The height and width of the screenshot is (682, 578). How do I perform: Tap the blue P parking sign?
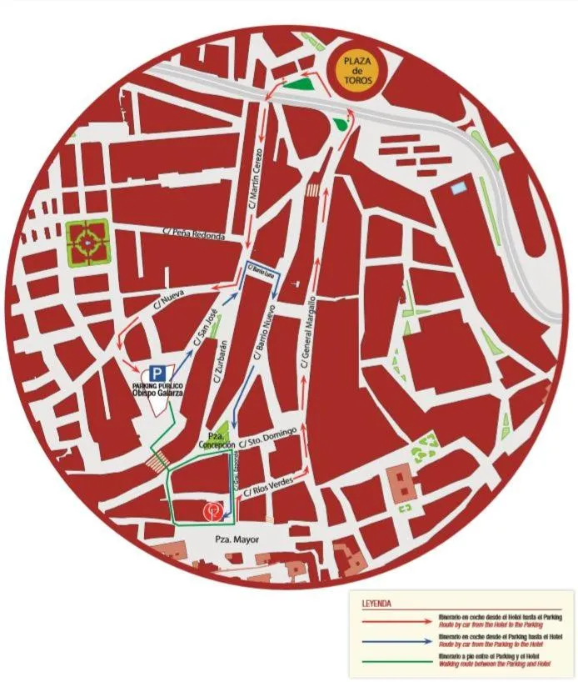point(156,374)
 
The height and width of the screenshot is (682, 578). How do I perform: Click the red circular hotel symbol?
point(213,510)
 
